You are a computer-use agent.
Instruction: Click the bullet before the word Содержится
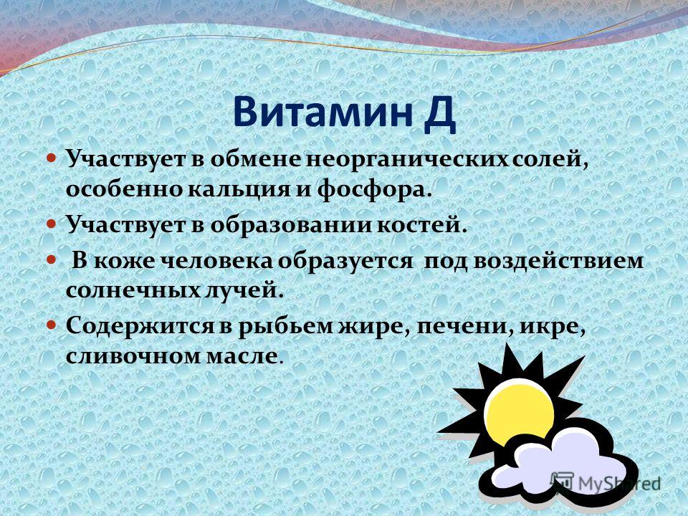[52, 325]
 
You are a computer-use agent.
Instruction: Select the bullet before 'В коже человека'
[52, 259]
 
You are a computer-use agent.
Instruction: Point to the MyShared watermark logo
[606, 482]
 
